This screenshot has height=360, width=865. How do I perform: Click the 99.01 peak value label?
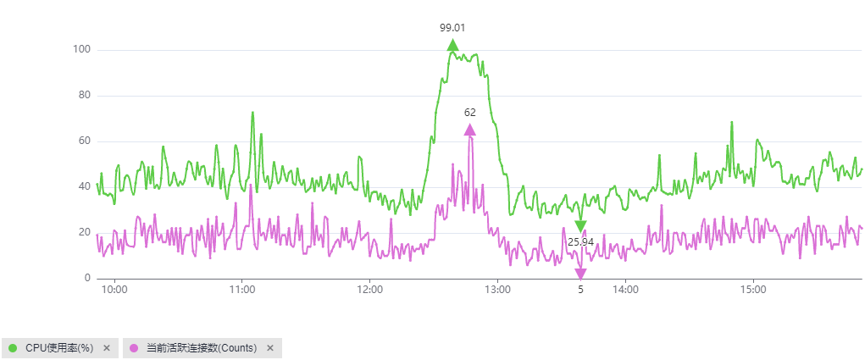(x=452, y=27)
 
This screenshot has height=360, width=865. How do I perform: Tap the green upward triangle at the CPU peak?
(x=453, y=45)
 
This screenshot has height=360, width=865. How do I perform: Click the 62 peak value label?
(x=469, y=112)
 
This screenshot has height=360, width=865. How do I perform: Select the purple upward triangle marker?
(x=469, y=130)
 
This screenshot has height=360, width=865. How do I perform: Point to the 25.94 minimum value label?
(x=580, y=242)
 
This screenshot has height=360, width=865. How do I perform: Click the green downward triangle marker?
(x=580, y=226)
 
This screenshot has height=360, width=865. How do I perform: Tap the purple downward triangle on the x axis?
(x=580, y=274)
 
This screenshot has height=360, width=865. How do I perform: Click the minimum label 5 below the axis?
(x=580, y=289)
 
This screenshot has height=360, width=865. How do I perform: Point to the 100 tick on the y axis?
(x=81, y=50)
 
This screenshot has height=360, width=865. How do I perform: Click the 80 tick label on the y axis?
(x=84, y=96)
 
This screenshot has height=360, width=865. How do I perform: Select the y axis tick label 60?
(x=84, y=141)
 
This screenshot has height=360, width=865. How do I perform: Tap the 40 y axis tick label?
(x=84, y=187)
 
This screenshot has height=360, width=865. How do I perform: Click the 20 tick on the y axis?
(x=84, y=233)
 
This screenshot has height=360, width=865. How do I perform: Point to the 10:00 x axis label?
(x=114, y=289)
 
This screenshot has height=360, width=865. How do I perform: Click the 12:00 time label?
(x=370, y=289)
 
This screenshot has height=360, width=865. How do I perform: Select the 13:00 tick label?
(x=497, y=289)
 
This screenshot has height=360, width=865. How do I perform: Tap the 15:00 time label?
(x=753, y=289)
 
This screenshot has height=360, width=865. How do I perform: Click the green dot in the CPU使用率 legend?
(x=13, y=348)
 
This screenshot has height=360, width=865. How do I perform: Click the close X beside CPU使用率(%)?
(x=107, y=348)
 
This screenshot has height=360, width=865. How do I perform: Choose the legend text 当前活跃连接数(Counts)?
(x=202, y=348)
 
